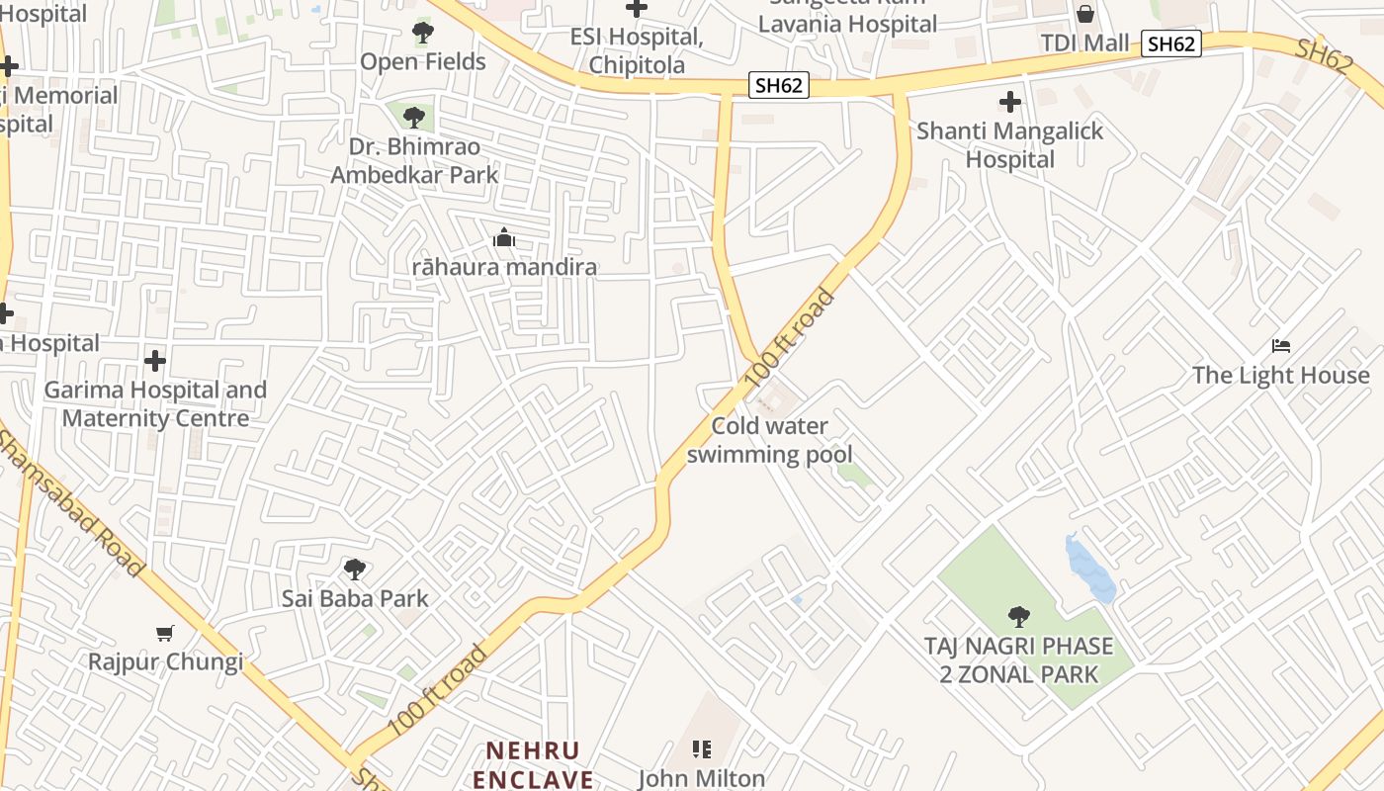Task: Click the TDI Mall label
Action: [1084, 44]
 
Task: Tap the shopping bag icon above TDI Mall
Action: [1084, 14]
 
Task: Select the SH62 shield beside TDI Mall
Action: [1170, 44]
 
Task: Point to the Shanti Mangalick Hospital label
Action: [1009, 144]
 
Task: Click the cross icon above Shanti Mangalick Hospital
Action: [1009, 102]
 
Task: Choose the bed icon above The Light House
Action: [1281, 346]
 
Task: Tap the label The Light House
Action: [1280, 376]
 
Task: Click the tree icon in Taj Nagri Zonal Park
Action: [1018, 617]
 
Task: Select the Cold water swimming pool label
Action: [769, 440]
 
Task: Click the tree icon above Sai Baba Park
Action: [355, 570]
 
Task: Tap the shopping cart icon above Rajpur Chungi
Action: [165, 633]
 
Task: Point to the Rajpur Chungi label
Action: [165, 661]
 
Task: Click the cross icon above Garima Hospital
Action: [154, 360]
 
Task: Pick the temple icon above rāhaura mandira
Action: [504, 238]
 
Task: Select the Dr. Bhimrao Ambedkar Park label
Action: [414, 161]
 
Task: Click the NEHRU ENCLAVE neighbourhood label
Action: [533, 764]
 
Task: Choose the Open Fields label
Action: [423, 61]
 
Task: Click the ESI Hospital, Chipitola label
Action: [638, 51]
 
